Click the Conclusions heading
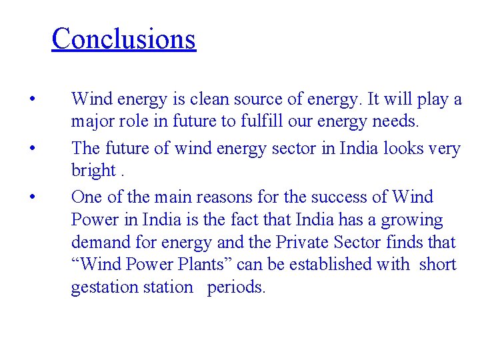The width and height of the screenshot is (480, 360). [123, 39]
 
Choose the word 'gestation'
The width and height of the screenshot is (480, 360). [101, 288]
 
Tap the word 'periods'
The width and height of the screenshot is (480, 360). [237, 288]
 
